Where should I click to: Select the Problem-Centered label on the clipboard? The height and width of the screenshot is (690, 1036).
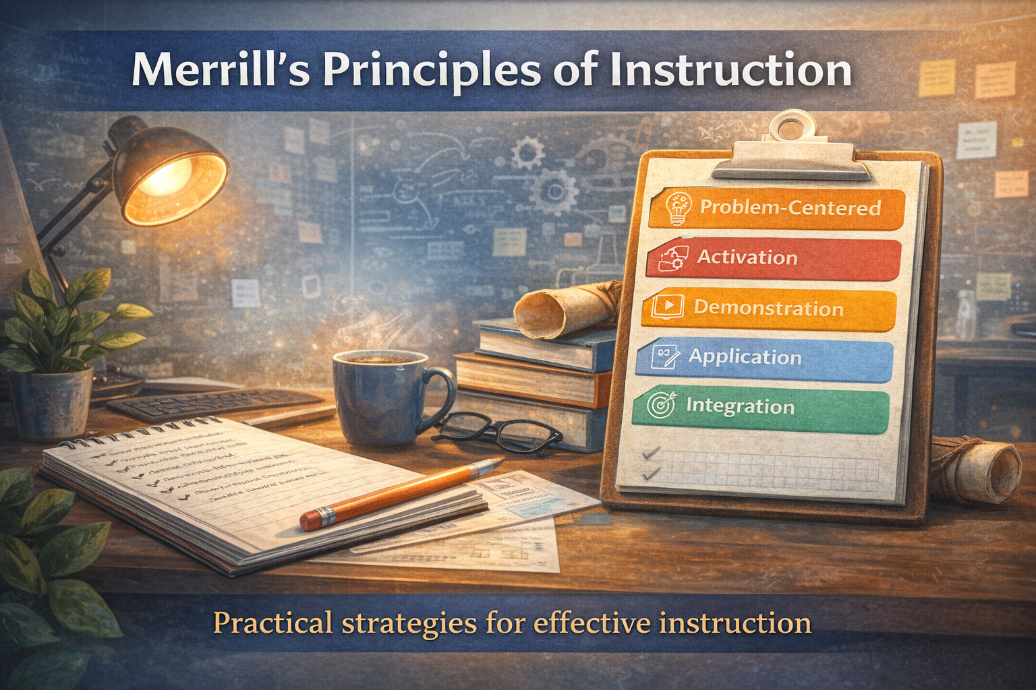790,208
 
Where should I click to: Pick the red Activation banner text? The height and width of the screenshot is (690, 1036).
747,257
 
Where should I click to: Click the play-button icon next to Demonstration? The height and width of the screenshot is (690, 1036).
668,307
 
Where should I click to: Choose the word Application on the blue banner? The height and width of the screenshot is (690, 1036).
745,357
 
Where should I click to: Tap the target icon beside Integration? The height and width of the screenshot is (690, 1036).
660,405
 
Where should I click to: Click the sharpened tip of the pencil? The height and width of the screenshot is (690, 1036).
499,462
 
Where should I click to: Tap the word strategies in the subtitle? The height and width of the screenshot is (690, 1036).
408,623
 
